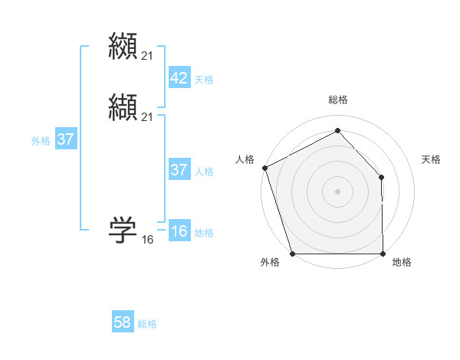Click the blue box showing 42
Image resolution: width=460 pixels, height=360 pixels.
pos(179,78)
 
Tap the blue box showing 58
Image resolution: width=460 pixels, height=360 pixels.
pos(123,322)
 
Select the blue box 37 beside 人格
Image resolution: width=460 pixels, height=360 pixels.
pos(179,170)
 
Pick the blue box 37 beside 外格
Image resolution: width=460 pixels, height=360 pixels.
pos(65,139)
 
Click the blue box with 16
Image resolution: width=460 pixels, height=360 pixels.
pos(179,231)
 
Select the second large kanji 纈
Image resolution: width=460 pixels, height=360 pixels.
pos(123,106)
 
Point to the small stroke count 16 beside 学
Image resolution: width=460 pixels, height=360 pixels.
pos(147,240)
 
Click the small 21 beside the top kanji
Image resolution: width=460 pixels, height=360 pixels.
pos(147,55)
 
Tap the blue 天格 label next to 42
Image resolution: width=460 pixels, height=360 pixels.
pos(204,80)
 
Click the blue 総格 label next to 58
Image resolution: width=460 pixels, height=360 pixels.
pos(147,324)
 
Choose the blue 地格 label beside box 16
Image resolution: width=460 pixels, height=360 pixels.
pos(204,233)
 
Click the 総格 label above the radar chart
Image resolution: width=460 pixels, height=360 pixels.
pos(337,100)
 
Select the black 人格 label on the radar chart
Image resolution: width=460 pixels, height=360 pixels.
pos(245,159)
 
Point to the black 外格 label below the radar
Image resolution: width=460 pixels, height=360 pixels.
pos(270,263)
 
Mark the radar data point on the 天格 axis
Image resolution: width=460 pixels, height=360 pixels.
pos(382,177)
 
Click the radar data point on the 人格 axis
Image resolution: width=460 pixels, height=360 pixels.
pos(264,168)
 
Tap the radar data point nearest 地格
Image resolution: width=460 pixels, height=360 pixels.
pos(383,254)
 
